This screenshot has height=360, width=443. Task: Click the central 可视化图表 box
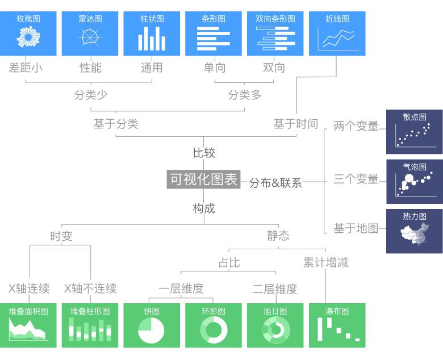203,179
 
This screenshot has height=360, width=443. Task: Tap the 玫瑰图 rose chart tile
28,34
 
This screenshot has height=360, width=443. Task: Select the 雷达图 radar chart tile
90,34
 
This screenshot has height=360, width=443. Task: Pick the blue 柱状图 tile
152,34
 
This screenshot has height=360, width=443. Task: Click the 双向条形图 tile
275,34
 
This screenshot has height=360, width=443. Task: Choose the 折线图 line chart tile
337,34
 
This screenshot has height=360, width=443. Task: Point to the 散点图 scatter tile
415,131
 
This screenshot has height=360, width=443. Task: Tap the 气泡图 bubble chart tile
415,182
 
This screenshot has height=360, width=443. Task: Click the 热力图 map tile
415,231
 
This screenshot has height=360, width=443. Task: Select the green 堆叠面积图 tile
28,325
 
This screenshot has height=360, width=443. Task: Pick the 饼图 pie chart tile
152,325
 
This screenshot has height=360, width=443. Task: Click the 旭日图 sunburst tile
275,325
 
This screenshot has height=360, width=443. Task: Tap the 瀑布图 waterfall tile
337,325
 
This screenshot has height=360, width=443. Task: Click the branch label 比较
204,153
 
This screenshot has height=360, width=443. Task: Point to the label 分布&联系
275,183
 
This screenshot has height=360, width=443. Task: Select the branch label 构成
204,208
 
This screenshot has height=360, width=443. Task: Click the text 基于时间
295,124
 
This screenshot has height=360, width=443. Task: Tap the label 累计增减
325,262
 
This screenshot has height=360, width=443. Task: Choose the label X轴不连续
90,288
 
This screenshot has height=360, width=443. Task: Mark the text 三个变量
356,179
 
